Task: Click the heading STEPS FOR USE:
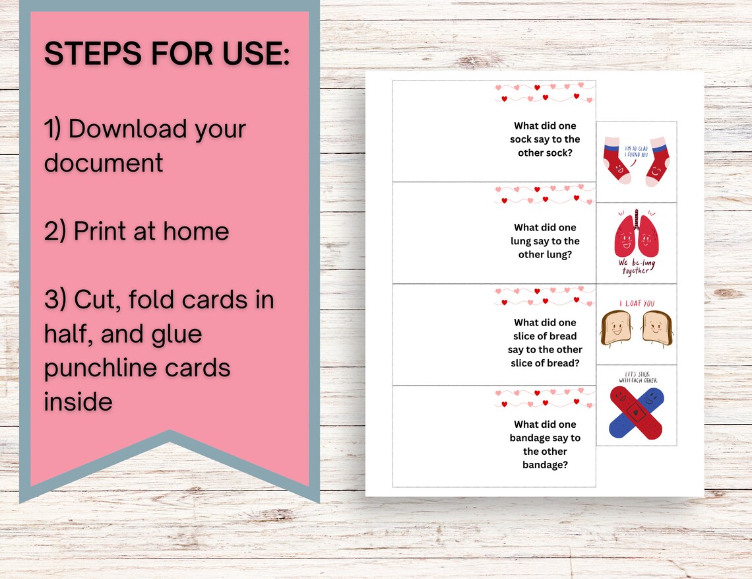[167, 54]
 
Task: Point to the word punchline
[137, 367]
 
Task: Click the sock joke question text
[545, 139]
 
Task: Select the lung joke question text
[545, 241]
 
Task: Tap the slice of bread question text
[545, 343]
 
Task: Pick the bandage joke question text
[545, 444]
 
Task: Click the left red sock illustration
[616, 162]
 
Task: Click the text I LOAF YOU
[637, 304]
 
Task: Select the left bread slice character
[616, 327]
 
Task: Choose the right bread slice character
[656, 327]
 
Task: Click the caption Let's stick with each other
[637, 377]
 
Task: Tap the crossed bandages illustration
[635, 413]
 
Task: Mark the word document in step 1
[104, 162]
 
